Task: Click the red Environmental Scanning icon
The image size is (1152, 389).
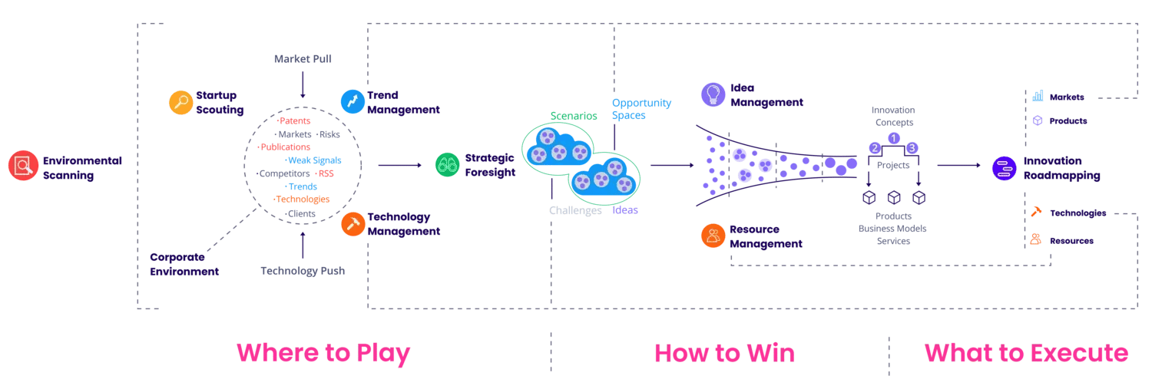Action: [24, 166]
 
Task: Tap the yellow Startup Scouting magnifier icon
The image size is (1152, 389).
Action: [180, 103]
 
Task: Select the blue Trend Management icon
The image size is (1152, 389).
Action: [353, 101]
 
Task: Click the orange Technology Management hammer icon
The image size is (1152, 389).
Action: [353, 223]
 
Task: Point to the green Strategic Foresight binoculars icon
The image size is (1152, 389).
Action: [447, 164]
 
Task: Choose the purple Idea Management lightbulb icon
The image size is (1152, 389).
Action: [713, 94]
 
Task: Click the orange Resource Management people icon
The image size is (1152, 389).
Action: [713, 236]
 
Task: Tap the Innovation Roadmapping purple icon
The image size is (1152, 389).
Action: [1004, 168]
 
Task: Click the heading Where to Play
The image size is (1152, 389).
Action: [323, 353]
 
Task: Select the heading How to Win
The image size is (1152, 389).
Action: [724, 353]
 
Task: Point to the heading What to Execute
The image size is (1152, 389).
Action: [1026, 353]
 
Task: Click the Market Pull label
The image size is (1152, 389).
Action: [303, 59]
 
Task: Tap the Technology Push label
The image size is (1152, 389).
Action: [303, 271]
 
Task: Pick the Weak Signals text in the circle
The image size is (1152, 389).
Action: [314, 160]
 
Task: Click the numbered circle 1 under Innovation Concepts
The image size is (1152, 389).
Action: [893, 138]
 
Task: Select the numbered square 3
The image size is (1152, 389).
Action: [912, 148]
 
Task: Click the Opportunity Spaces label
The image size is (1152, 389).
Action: [641, 109]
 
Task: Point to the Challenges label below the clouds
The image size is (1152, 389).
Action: [575, 211]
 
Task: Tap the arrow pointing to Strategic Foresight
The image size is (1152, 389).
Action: [399, 165]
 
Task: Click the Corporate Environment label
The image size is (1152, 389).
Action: [184, 264]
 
